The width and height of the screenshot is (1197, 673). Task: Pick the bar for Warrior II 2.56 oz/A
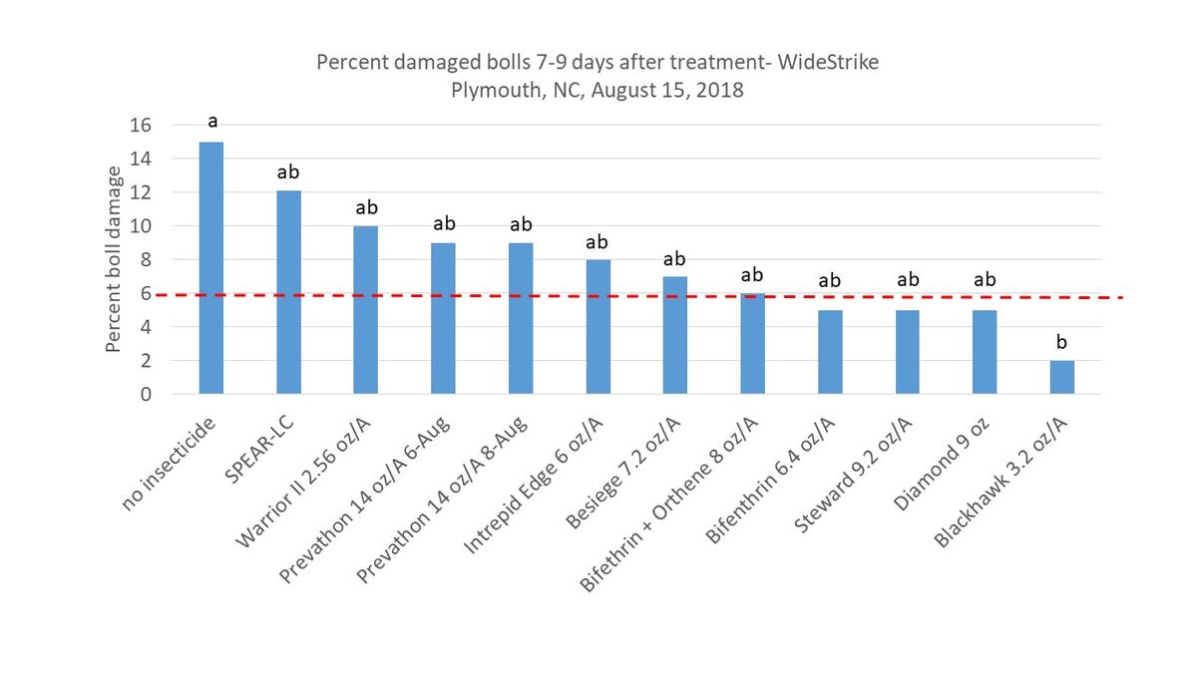[x=366, y=309]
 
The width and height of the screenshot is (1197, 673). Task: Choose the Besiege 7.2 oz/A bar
[x=675, y=334]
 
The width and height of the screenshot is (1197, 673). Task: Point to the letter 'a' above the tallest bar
[x=212, y=122]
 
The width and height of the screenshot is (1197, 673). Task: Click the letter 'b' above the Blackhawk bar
[x=1061, y=342]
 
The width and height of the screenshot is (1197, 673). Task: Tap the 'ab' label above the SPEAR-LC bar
[x=289, y=171]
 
